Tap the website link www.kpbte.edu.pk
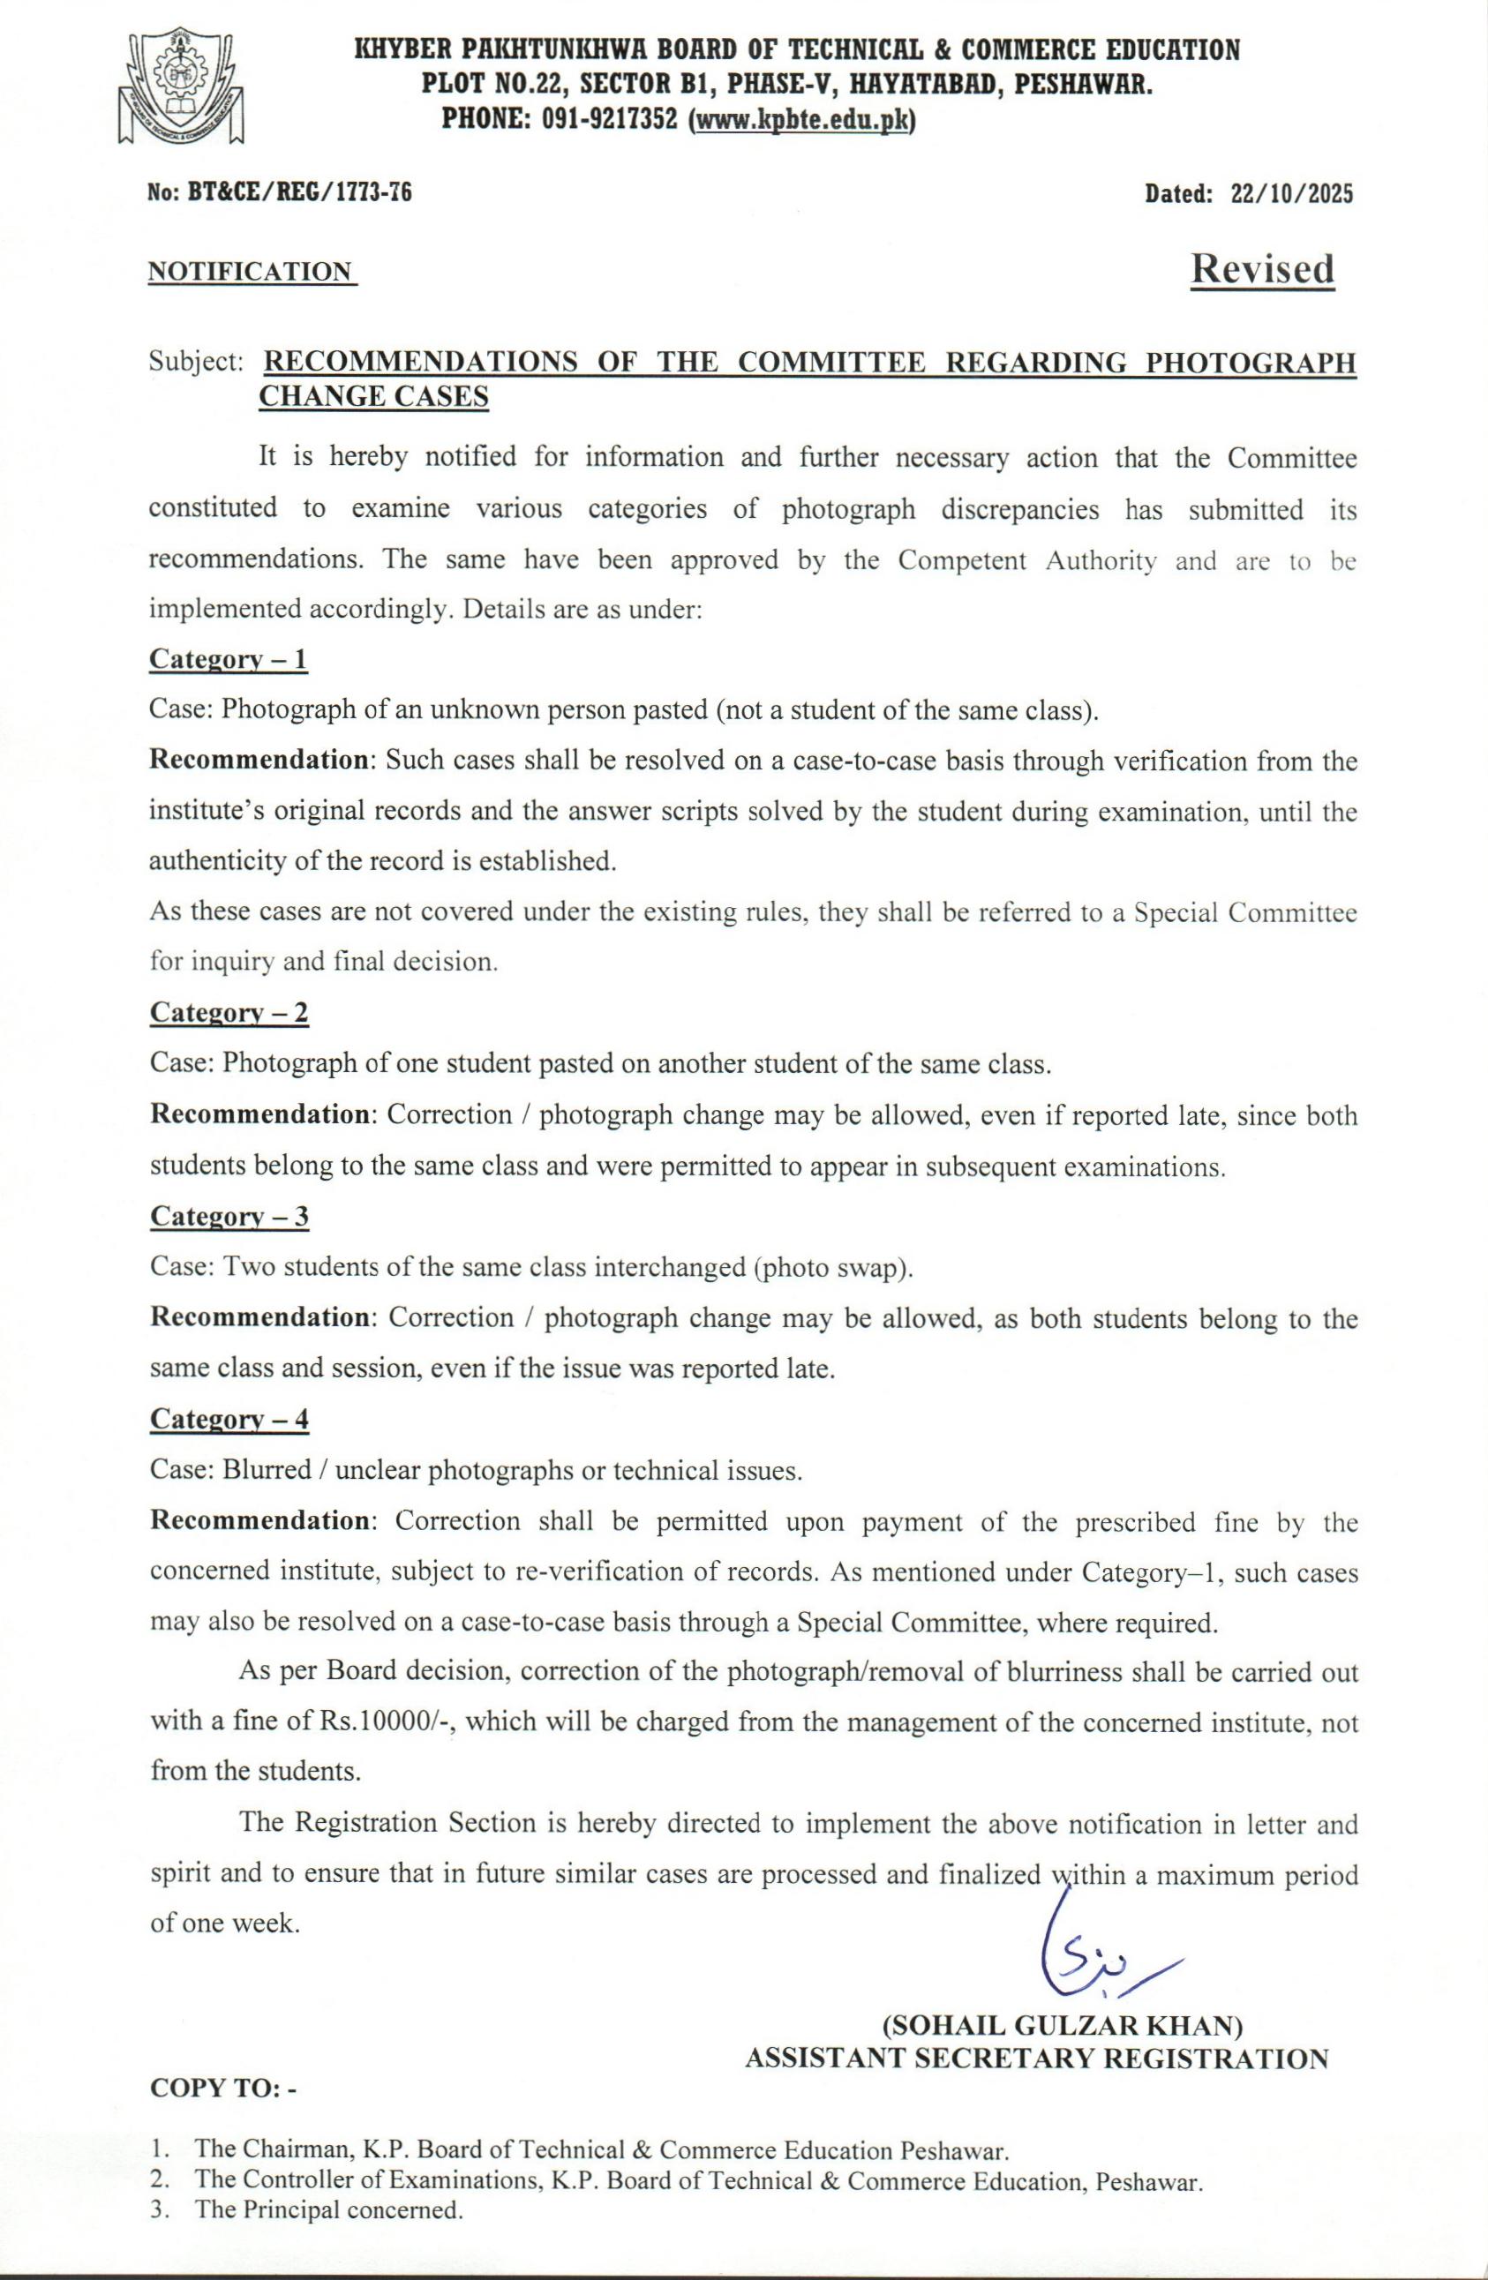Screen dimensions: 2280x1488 tap(802, 120)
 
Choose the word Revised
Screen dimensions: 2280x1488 tap(1262, 269)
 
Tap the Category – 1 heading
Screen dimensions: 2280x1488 tap(228, 659)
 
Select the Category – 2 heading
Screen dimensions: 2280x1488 tap(229, 1013)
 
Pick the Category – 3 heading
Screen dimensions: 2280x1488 tap(229, 1217)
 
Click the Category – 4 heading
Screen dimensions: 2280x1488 tap(229, 1419)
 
